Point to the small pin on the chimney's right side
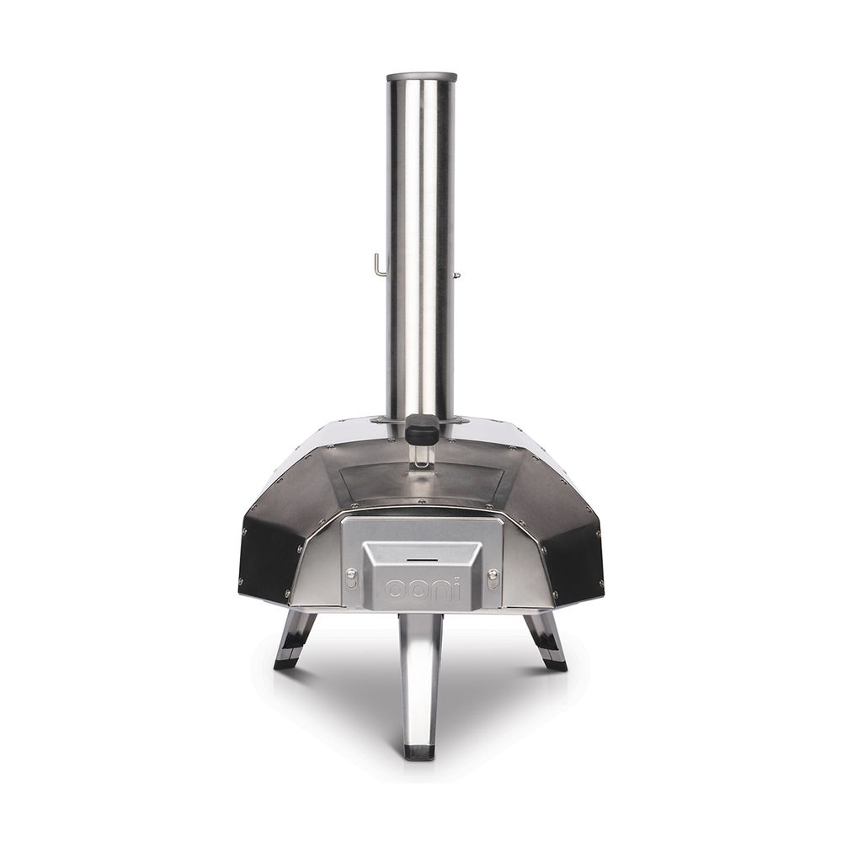click(x=457, y=275)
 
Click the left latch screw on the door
click(x=350, y=578)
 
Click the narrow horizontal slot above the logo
click(x=422, y=560)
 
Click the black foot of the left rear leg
click(x=287, y=663)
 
